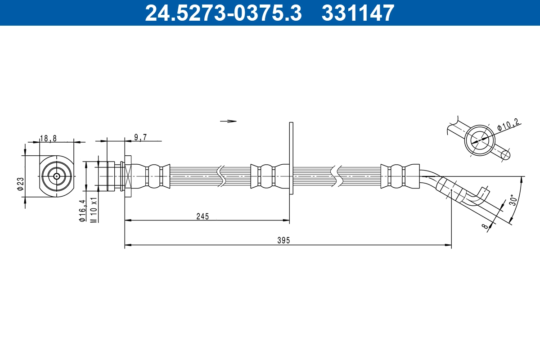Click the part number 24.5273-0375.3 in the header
[223, 13]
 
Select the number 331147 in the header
[358, 13]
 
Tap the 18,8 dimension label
[48, 138]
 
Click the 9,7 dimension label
[140, 138]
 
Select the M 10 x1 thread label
[94, 209]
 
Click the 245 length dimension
[202, 216]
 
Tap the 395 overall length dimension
[283, 241]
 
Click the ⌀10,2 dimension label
[509, 125]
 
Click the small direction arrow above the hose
[228, 121]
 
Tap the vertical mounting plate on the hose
[291, 158]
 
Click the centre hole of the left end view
[56, 176]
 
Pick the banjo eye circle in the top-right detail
[479, 140]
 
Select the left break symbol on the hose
[221, 176]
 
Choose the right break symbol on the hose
[335, 176]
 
